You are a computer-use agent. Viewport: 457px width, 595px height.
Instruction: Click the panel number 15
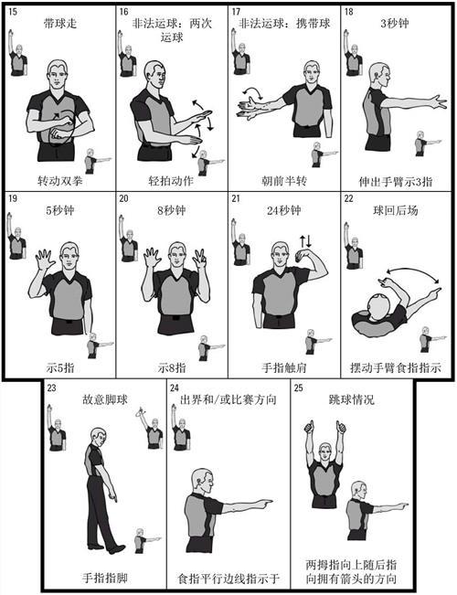(13, 11)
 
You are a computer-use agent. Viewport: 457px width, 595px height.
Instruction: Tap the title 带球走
(60, 24)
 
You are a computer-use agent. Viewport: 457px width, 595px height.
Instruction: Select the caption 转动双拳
(60, 181)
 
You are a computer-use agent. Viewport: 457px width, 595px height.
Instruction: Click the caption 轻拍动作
(171, 181)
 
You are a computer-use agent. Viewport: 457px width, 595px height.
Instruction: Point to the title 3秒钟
(395, 24)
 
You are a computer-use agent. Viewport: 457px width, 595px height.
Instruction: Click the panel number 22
(348, 198)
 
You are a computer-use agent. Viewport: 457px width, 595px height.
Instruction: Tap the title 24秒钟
(284, 210)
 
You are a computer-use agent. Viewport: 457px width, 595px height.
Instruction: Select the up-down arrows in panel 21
(306, 241)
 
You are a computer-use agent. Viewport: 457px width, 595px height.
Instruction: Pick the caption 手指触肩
(284, 367)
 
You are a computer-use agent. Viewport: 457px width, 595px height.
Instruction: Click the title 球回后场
(396, 210)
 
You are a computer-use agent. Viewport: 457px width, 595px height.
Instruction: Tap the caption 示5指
(60, 367)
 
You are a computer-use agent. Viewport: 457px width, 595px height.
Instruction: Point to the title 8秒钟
(172, 210)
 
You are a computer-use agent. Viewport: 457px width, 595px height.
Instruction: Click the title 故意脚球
(105, 399)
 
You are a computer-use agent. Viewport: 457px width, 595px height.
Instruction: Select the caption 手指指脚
(105, 579)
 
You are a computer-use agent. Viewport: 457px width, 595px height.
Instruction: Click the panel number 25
(299, 388)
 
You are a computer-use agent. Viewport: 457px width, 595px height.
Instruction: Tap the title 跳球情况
(352, 399)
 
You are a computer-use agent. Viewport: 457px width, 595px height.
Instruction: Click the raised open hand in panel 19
(44, 260)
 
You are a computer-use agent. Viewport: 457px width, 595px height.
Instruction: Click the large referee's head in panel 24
(203, 481)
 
